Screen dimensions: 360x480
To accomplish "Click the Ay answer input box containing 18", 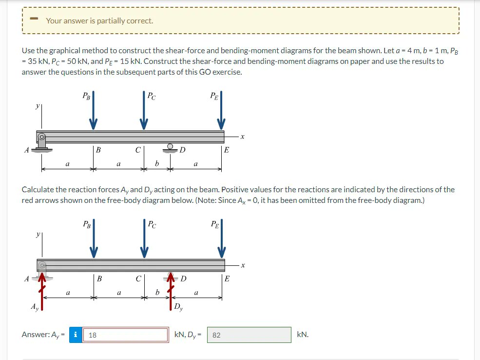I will [126, 335].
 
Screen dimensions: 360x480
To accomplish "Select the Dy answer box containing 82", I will [249, 335].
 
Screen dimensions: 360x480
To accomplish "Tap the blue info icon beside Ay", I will [76, 335].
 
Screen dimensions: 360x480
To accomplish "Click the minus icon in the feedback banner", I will [34, 20].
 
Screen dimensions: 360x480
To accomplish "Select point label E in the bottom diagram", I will [227, 279].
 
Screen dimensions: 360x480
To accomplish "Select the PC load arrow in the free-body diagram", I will [144, 239].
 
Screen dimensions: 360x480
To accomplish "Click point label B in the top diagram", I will [98, 150].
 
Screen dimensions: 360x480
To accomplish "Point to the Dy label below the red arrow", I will [179, 307].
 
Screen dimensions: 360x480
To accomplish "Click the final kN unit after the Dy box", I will [303, 335].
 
